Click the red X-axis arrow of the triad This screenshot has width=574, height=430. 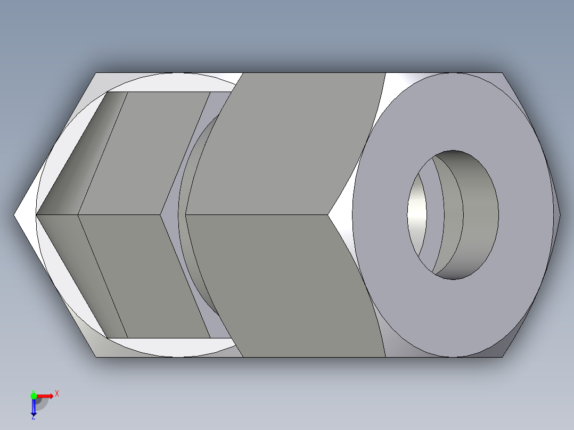tap(45, 396)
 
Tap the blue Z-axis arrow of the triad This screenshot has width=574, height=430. tap(34, 407)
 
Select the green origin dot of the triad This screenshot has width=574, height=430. tap(34, 395)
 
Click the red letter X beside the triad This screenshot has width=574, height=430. tap(56, 393)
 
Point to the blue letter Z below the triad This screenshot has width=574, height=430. tap(33, 418)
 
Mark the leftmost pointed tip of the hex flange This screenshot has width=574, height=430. tap(14, 215)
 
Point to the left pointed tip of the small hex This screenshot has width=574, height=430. tap(37, 215)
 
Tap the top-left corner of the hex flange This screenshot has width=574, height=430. tap(96, 73)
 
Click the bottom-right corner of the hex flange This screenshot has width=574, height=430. tap(502, 357)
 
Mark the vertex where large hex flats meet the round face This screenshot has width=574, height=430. tap(329, 214)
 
